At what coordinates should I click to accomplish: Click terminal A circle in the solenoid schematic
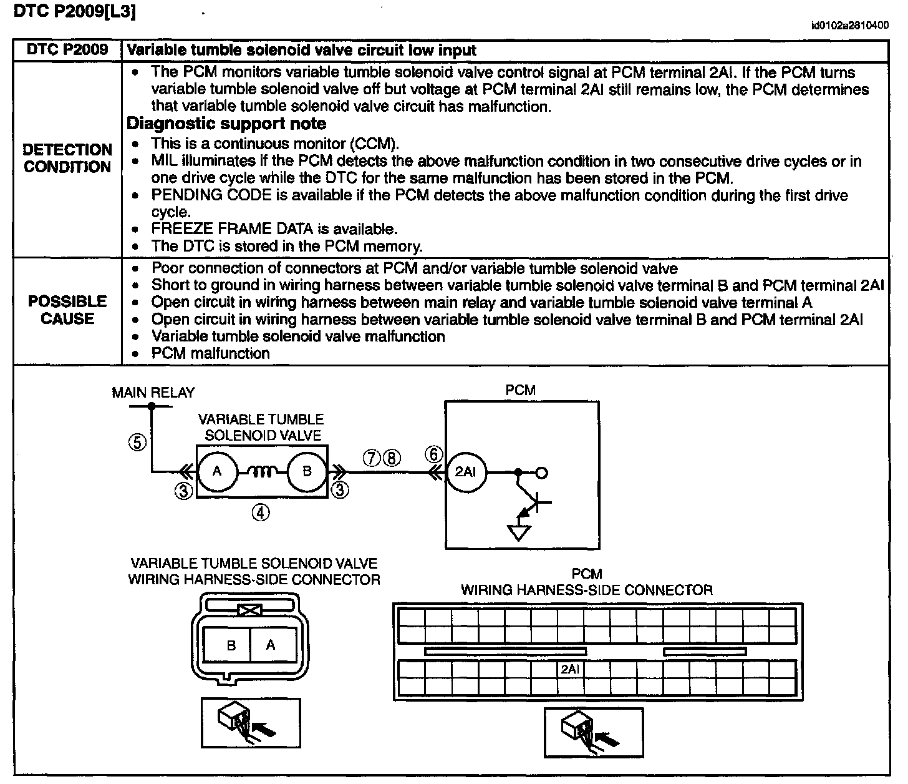tap(217, 472)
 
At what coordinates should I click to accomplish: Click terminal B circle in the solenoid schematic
tap(306, 472)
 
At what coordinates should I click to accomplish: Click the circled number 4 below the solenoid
tap(261, 512)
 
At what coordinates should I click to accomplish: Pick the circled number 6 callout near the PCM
tap(434, 454)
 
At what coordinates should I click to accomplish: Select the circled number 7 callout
tap(372, 458)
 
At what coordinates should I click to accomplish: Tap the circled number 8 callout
tap(390, 458)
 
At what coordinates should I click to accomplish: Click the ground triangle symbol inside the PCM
tap(519, 532)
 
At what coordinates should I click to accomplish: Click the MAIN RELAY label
tap(153, 393)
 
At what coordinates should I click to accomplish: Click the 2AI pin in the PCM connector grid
tap(570, 669)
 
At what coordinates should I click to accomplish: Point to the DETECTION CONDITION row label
tap(67, 159)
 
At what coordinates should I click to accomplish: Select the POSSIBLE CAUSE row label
tap(67, 310)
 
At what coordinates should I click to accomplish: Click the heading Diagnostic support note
tap(226, 124)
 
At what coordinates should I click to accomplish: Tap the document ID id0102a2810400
tap(849, 26)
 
